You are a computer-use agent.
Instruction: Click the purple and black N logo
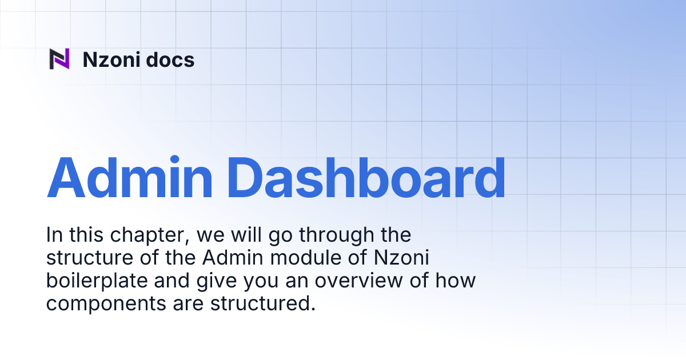(59, 59)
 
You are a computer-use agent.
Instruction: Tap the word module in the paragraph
(298, 258)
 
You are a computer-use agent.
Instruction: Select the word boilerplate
(95, 281)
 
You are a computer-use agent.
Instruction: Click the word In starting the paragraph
(54, 235)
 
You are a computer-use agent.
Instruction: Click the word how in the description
(457, 281)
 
